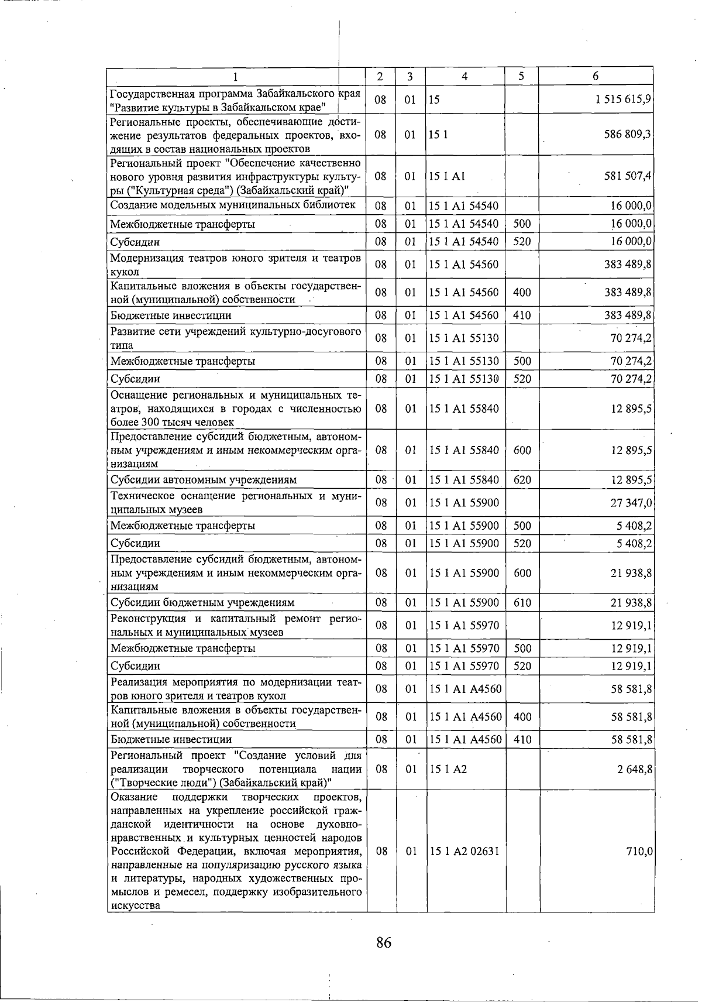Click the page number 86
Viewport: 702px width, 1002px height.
click(384, 943)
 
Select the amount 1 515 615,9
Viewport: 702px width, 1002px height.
click(624, 99)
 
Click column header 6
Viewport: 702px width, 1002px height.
click(596, 76)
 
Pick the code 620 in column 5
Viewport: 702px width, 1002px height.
click(522, 480)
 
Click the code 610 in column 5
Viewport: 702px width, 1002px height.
click(522, 602)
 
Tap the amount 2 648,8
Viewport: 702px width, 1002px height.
click(635, 769)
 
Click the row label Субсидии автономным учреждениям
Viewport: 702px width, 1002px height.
click(204, 480)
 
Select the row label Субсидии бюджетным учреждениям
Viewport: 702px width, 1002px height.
click(202, 602)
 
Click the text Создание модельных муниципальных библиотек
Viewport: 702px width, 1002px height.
click(233, 205)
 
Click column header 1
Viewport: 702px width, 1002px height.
click(236, 76)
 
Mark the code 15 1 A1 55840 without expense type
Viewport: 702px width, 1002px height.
click(464, 409)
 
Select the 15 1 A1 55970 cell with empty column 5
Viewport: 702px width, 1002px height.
click(464, 625)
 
